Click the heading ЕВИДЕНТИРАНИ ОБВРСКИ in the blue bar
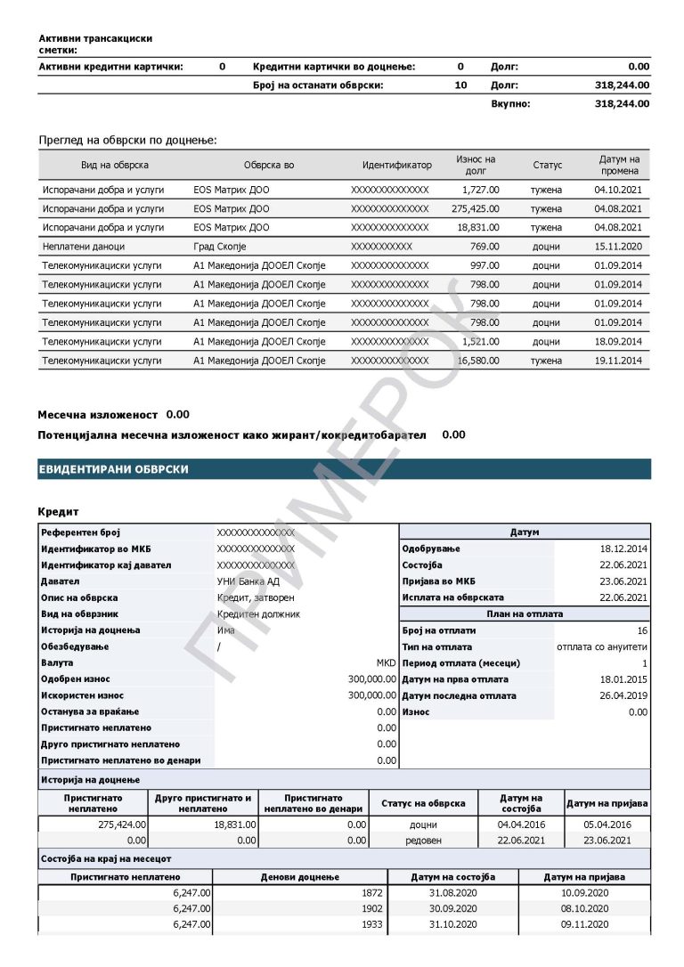pyautogui.click(x=113, y=469)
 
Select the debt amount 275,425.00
pyautogui.click(x=476, y=208)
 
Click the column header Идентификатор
pyautogui.click(x=396, y=166)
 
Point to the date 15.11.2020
pyautogui.click(x=617, y=247)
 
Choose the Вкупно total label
pyautogui.click(x=510, y=104)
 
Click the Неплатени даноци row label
pyautogui.click(x=84, y=247)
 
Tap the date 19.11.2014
pyautogui.click(x=617, y=361)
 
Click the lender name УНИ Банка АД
pyautogui.click(x=248, y=581)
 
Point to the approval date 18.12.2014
pyautogui.click(x=623, y=549)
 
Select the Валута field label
pyautogui.click(x=58, y=663)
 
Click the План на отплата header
pyautogui.click(x=524, y=614)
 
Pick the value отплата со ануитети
pyautogui.click(x=601, y=647)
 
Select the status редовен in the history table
pyautogui.click(x=423, y=841)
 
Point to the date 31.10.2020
pyautogui.click(x=453, y=925)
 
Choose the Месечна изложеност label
pyautogui.click(x=97, y=415)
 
